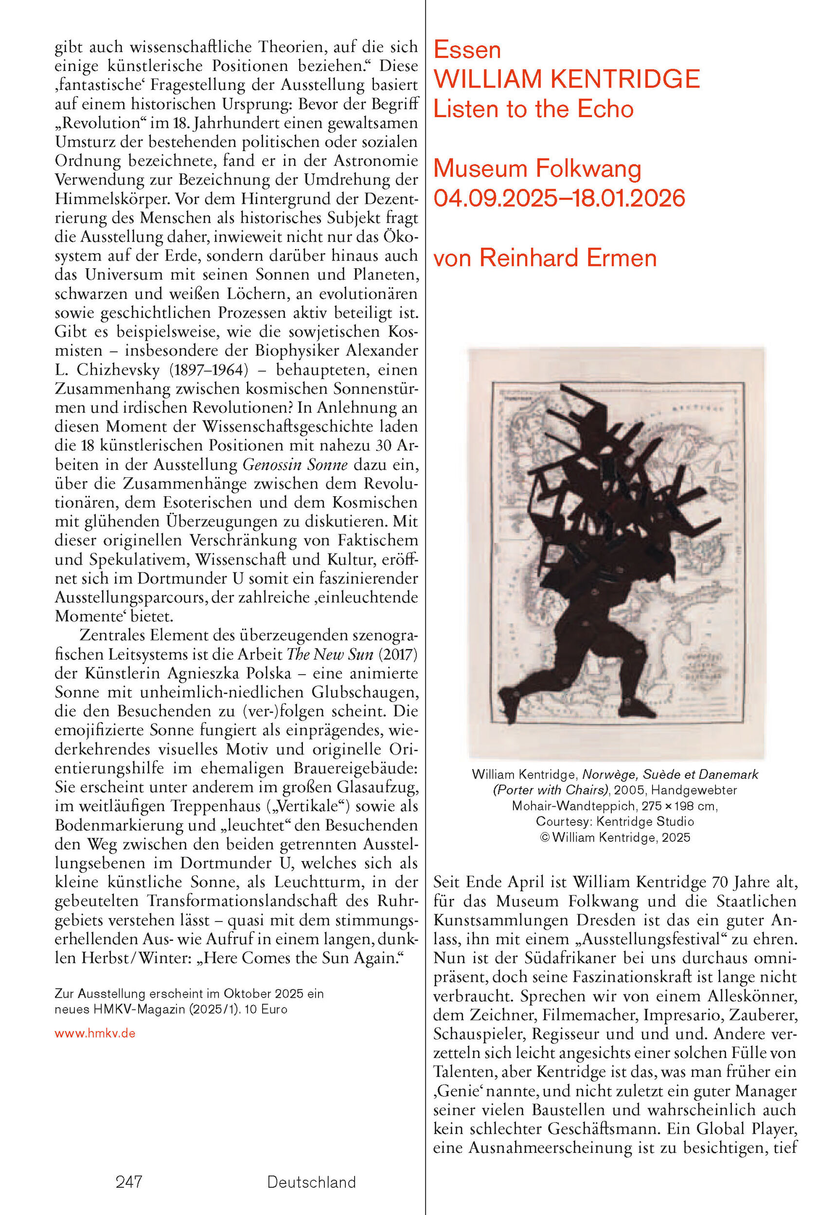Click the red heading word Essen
(x=467, y=50)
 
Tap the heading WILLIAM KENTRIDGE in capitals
(x=566, y=80)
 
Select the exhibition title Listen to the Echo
(x=533, y=109)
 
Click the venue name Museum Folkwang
(x=537, y=169)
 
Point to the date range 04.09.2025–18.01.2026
(x=559, y=199)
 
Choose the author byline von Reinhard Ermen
(x=545, y=258)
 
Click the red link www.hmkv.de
(x=95, y=1034)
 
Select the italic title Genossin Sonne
(x=295, y=464)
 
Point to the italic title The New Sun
(x=330, y=654)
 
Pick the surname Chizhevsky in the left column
(x=118, y=370)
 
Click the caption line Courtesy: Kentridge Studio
(x=615, y=821)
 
